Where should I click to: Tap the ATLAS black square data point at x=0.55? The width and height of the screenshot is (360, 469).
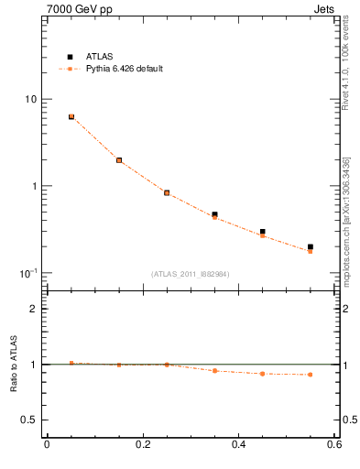click(311, 247)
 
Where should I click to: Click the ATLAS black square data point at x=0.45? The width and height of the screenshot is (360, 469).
click(263, 233)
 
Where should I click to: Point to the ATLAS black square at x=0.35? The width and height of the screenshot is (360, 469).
click(214, 214)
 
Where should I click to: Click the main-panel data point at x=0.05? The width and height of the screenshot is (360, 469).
click(71, 116)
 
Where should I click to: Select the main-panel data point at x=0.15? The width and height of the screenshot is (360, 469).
click(119, 160)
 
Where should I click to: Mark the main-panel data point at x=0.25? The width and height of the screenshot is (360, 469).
click(167, 193)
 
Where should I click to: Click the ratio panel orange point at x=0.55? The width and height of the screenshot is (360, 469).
click(311, 375)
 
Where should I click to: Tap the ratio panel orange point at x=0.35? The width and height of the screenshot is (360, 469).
click(214, 371)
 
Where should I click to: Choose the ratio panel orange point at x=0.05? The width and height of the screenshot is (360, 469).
click(71, 363)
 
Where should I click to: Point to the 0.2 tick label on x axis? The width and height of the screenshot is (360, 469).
click(142, 445)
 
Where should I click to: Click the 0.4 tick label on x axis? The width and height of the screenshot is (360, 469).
click(238, 445)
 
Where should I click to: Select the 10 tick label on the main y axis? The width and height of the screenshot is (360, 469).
click(30, 99)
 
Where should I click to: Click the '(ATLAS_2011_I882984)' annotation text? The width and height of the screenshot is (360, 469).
click(190, 274)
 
